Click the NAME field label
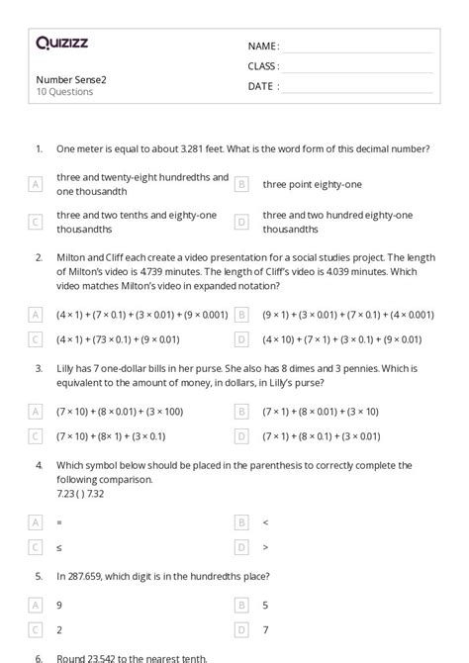click(x=262, y=47)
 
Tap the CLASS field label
click(x=263, y=66)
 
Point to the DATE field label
click(x=262, y=86)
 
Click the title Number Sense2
click(x=70, y=79)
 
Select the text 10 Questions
click(x=64, y=92)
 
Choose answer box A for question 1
click(x=36, y=184)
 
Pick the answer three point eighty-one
click(x=312, y=184)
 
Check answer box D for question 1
click(x=240, y=222)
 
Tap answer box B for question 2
click(x=240, y=315)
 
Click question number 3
click(x=39, y=365)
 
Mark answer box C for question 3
click(x=36, y=435)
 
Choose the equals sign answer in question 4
click(x=60, y=521)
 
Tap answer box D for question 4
click(x=240, y=545)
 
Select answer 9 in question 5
click(x=60, y=604)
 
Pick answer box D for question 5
click(x=240, y=628)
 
